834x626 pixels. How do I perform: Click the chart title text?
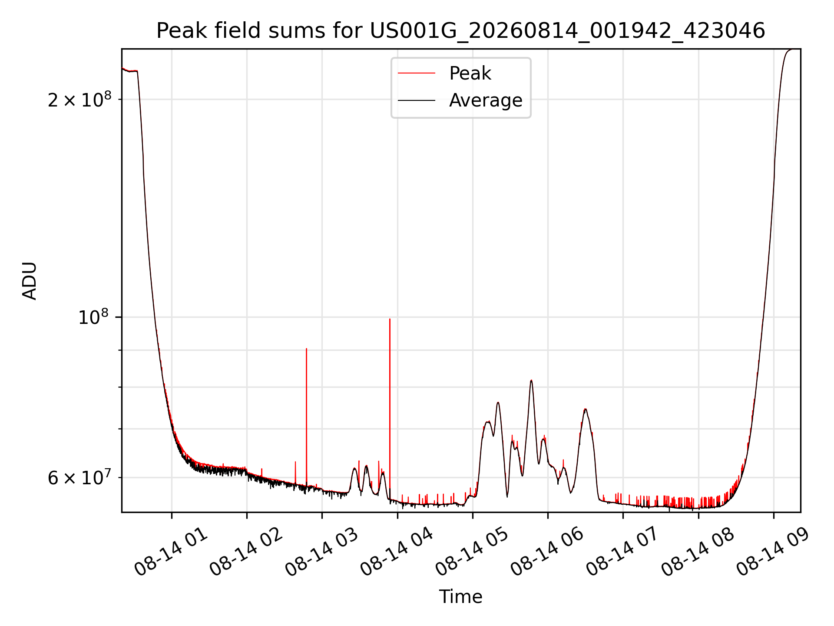[460, 31]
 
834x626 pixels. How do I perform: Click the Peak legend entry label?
[470, 73]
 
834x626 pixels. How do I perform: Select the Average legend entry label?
[486, 100]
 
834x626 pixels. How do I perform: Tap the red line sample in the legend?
[416, 73]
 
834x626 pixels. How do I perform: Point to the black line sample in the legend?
[416, 100]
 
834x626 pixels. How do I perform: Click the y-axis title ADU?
[30, 281]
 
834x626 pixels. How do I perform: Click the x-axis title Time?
[460, 597]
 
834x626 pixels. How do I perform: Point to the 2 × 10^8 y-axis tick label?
[79, 100]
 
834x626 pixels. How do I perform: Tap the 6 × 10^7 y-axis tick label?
[79, 478]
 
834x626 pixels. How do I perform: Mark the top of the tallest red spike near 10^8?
[390, 319]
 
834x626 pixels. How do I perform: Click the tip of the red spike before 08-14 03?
[306, 349]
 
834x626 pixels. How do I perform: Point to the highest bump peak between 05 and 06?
[531, 380]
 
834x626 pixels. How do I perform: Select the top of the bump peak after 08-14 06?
[586, 409]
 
